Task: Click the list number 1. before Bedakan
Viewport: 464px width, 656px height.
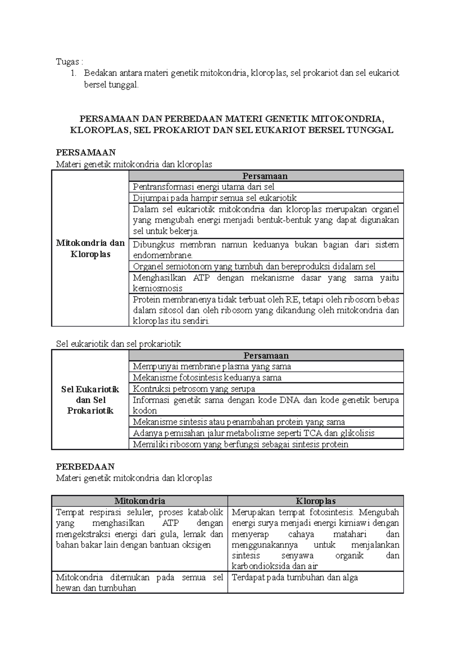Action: tap(74, 73)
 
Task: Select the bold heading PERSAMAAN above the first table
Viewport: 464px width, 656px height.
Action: tap(86, 153)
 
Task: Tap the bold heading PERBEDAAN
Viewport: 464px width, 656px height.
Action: tap(85, 466)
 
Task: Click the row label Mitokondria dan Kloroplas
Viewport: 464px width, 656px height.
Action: tap(90, 248)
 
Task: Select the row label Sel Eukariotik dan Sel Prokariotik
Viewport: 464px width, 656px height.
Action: tap(90, 400)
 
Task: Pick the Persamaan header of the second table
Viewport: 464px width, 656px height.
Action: tap(266, 355)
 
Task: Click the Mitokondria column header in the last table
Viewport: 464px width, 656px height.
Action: tap(140, 501)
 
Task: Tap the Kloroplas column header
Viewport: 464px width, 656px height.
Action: tap(316, 501)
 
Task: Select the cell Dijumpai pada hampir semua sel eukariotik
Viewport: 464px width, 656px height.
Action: tap(215, 198)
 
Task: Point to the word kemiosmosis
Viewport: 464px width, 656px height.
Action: tap(157, 288)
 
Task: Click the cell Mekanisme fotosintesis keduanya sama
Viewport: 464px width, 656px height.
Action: tap(207, 377)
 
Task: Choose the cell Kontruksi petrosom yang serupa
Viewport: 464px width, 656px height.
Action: tap(194, 389)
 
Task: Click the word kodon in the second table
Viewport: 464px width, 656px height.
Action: tap(145, 411)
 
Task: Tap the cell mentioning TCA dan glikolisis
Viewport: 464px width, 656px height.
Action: tap(253, 433)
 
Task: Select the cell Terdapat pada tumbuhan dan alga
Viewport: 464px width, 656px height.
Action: tap(295, 578)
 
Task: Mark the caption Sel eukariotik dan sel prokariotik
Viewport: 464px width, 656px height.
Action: tap(118, 344)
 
